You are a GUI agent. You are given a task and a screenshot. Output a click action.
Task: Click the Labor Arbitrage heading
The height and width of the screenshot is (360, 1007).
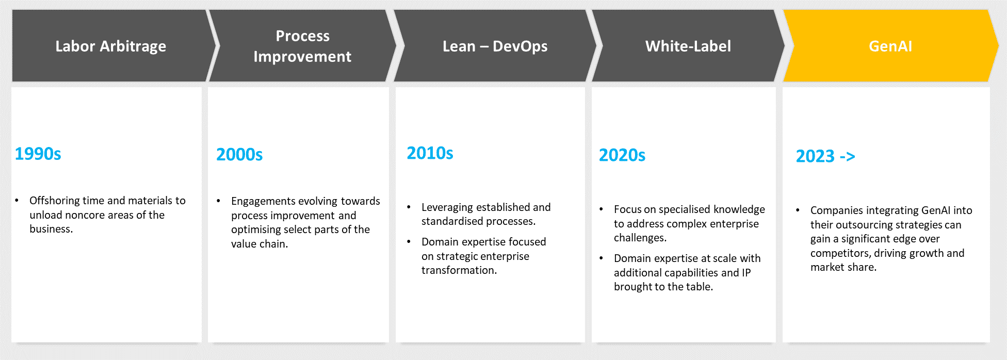point(111,46)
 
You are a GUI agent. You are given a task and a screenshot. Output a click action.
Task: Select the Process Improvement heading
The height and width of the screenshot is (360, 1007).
point(302,46)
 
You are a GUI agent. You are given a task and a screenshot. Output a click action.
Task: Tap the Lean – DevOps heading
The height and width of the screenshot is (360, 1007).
point(495,46)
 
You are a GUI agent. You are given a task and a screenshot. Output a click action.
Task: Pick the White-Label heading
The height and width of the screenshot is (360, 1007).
point(688,46)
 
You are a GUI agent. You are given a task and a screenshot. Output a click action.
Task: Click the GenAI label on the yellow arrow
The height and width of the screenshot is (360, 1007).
point(890,46)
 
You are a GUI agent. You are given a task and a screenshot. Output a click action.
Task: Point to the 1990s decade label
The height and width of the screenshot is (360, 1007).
point(38,154)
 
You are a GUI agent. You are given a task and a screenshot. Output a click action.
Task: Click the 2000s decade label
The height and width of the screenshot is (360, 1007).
point(239,155)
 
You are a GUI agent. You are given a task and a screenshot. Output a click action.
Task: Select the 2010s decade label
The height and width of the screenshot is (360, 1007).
point(430,153)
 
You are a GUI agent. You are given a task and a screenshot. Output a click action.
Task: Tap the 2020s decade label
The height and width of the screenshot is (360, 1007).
point(622,155)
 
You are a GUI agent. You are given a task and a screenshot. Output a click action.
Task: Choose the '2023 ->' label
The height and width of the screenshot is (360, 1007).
point(825,156)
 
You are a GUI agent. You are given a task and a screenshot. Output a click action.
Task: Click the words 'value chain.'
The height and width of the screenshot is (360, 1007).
point(259,244)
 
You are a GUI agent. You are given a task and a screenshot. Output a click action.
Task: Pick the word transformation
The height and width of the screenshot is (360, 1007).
point(459,270)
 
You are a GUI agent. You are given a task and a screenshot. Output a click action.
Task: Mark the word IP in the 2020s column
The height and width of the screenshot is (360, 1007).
point(746,273)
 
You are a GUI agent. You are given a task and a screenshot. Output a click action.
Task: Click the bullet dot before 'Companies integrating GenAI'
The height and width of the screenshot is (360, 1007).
point(798,210)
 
